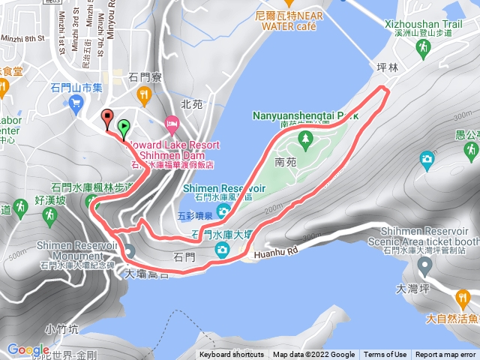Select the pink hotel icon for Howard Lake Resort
(x=172, y=122)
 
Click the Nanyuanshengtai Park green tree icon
(x=305, y=139)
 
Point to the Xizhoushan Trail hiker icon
(x=422, y=46)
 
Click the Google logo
(x=28, y=349)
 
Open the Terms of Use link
(x=385, y=355)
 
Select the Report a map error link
(x=445, y=355)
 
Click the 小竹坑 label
(x=61, y=328)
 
